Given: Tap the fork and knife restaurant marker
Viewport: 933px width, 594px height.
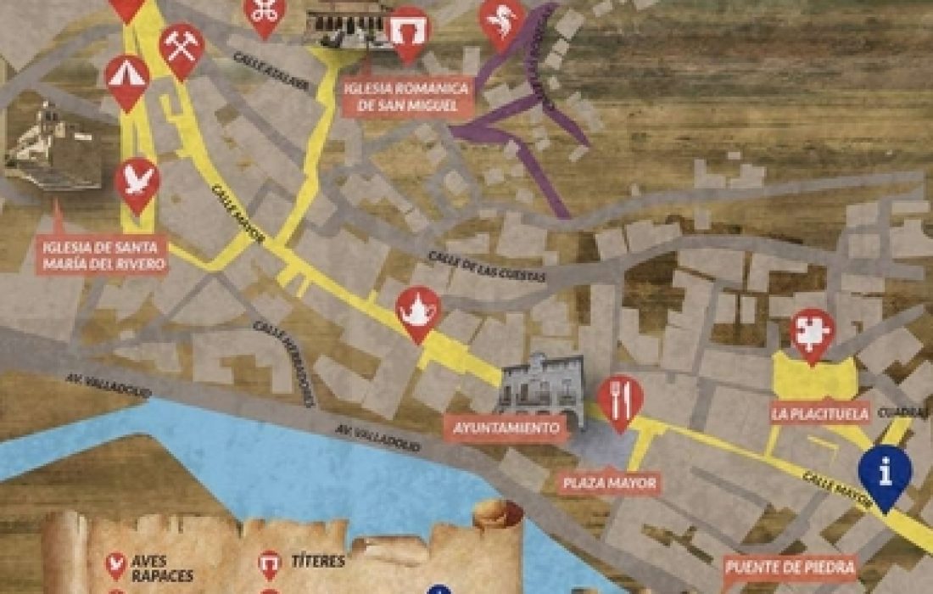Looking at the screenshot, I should coord(620,400).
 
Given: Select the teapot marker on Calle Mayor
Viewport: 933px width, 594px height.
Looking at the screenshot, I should coord(417,311).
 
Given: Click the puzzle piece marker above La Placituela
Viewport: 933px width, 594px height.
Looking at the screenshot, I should coord(812,333).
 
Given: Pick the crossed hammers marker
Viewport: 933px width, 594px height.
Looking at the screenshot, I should coord(182,48).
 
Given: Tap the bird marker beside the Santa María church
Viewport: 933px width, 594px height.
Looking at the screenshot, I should coord(137,182).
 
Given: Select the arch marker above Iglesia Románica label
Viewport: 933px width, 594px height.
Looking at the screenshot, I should coord(408,33).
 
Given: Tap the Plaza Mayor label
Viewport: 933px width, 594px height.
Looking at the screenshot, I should coord(609,484).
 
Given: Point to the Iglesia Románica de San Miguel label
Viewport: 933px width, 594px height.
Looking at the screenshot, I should coord(408,97).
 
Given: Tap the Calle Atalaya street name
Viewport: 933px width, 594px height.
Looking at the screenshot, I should coord(261,68).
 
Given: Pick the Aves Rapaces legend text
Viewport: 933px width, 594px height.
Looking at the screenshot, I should coord(162,568).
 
